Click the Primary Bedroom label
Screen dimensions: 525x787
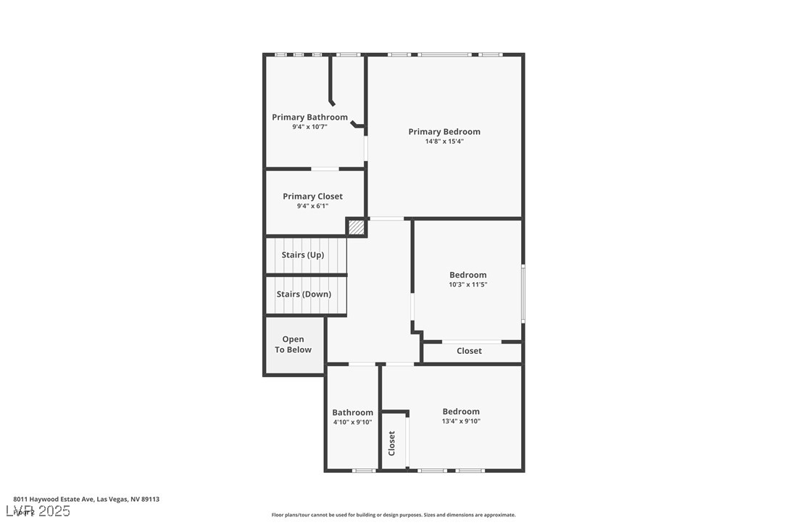pos(444,132)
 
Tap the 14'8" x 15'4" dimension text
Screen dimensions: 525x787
pos(444,142)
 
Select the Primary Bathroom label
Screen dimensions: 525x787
pos(309,117)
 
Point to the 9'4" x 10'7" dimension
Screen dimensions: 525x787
pos(309,127)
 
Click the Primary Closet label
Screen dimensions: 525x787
pos(312,197)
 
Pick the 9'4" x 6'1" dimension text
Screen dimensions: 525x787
pos(312,206)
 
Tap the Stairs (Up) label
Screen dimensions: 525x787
pos(303,255)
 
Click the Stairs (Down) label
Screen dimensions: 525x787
pos(304,294)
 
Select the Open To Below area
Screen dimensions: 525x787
pos(293,344)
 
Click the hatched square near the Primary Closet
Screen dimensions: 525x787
pos(356,227)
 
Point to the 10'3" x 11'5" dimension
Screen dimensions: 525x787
pos(468,285)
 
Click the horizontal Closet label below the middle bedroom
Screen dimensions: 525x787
pos(469,351)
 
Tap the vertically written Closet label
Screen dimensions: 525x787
pos(392,442)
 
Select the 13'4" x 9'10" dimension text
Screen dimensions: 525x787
pos(461,421)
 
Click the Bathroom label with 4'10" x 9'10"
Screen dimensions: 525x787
pos(353,413)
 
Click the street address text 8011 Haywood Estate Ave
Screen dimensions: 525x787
pos(86,499)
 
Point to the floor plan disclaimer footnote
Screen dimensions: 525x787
pos(393,515)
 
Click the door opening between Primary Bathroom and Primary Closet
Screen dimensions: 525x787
pos(325,169)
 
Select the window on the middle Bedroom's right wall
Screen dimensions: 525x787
pos(522,294)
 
